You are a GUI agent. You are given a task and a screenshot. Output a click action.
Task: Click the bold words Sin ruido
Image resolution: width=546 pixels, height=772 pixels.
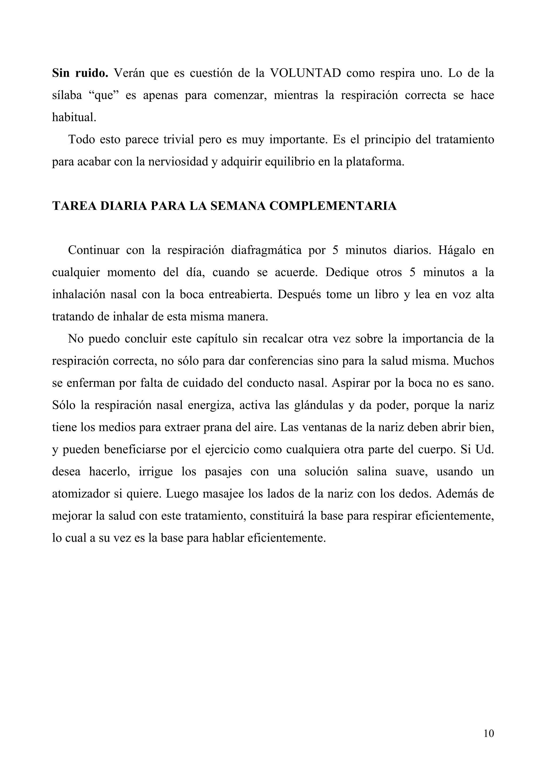click(80, 73)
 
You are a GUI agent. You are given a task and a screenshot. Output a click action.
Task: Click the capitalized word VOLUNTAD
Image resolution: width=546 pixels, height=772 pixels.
click(306, 73)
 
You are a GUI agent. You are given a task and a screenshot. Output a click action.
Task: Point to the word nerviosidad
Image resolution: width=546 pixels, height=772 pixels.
click(176, 162)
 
